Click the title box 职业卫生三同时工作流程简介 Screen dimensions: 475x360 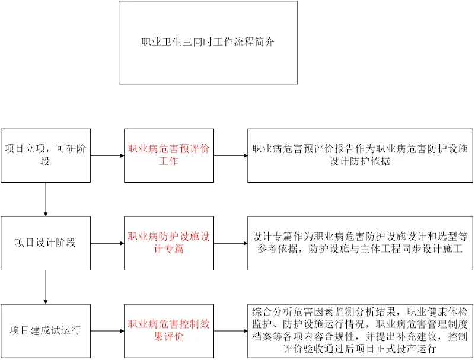[x=208, y=42]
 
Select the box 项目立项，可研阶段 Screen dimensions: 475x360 [x=46, y=155]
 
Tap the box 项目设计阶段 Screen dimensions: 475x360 [x=46, y=243]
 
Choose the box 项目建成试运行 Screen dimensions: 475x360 [x=46, y=330]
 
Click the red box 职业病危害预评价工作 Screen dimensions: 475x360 [x=168, y=155]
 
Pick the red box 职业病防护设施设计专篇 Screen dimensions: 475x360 [x=168, y=243]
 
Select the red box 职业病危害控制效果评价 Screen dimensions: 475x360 [x=168, y=330]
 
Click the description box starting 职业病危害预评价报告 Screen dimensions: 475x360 [x=360, y=155]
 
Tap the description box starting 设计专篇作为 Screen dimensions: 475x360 [x=360, y=243]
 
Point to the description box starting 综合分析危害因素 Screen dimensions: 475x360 [x=360, y=330]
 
